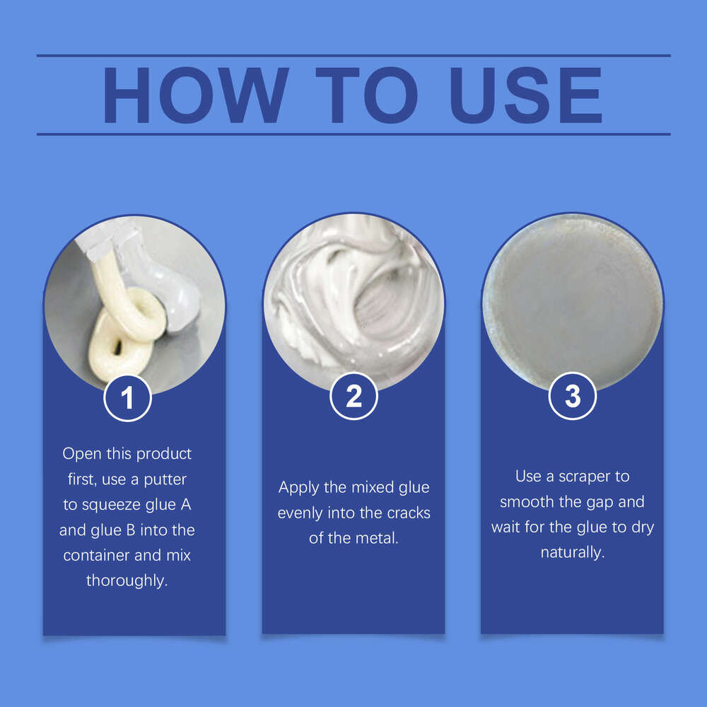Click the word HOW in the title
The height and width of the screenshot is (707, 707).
[196, 95]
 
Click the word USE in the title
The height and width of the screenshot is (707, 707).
[526, 95]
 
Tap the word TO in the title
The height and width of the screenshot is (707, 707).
[366, 95]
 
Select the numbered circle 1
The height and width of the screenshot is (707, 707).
[127, 397]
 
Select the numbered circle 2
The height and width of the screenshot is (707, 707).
[354, 397]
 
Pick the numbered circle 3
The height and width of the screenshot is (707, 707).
[573, 396]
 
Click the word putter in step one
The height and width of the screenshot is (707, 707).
[165, 480]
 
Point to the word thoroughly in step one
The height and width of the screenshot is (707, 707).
[126, 580]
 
